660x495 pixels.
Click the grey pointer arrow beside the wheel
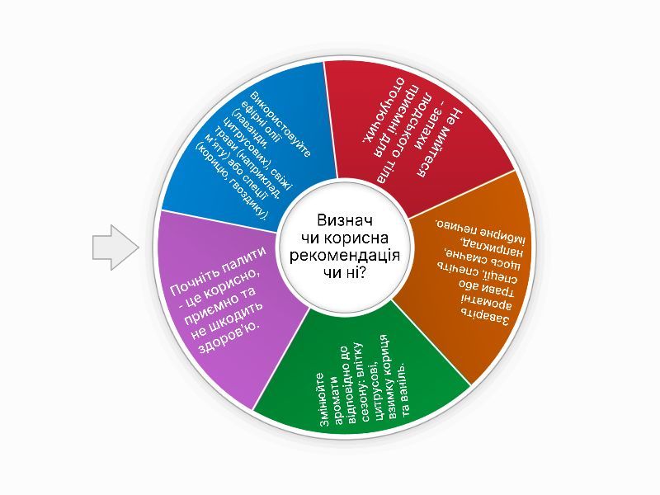pos(113,247)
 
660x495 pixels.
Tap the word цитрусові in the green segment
pos(370,386)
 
